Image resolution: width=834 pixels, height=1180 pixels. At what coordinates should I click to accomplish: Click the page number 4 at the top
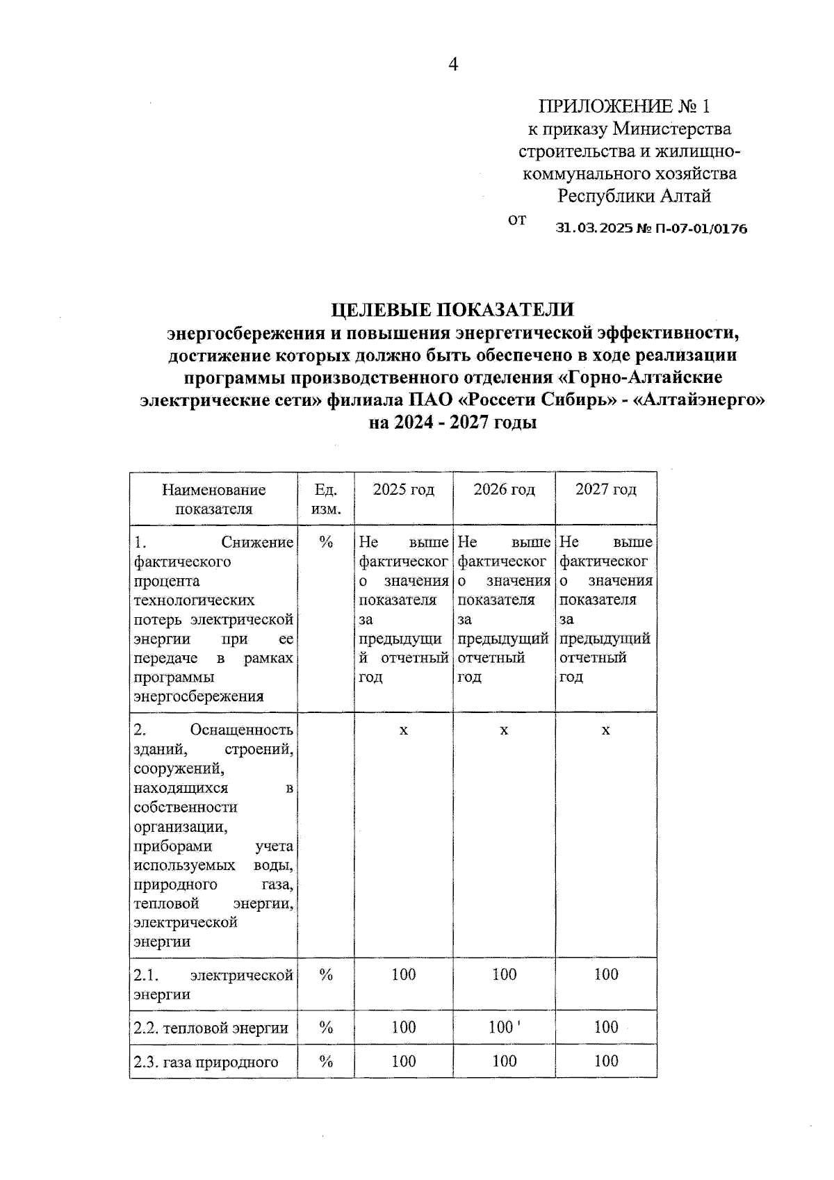tap(453, 65)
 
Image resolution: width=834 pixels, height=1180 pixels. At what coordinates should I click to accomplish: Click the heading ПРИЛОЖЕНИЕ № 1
tap(625, 106)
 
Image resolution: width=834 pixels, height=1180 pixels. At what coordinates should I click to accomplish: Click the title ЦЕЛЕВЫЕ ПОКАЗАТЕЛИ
tap(452, 309)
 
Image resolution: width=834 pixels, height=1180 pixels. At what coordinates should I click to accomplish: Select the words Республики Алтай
tap(634, 196)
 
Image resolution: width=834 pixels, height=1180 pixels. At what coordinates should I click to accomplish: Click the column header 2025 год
tap(403, 490)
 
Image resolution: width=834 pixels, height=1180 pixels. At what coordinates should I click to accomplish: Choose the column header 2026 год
tap(504, 490)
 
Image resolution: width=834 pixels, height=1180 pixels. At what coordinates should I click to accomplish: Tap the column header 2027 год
tap(605, 490)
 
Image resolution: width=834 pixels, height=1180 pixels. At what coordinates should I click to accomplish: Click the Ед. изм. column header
tap(326, 499)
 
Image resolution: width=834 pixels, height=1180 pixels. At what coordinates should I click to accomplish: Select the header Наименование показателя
tap(213, 499)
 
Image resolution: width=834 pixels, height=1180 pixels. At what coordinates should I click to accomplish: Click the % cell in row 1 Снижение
tap(326, 543)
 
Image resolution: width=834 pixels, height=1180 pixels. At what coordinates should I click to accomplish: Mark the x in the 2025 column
tap(403, 730)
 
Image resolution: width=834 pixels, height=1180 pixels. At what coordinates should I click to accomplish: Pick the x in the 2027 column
tap(605, 730)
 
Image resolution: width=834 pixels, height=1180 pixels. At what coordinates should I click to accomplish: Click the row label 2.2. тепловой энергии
tap(211, 1028)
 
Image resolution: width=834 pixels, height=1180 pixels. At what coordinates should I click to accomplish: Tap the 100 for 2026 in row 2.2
tap(502, 1027)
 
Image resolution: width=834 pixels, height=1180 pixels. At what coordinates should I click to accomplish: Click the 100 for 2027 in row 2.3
tap(605, 1061)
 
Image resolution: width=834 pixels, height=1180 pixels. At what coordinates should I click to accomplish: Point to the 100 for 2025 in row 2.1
tap(403, 975)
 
